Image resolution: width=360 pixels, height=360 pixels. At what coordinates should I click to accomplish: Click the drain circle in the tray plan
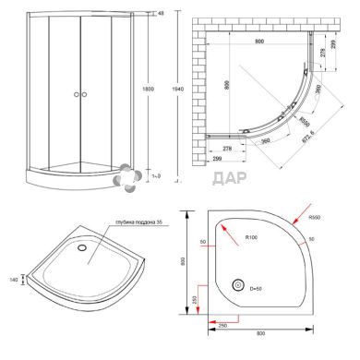tap(237, 287)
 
